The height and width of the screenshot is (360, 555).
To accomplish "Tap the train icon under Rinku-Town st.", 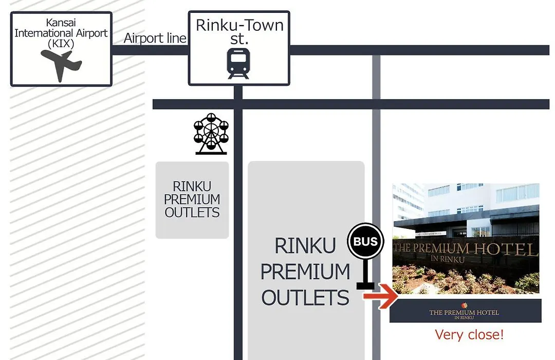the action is point(238,63).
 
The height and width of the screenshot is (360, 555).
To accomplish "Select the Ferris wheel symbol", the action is point(211,134).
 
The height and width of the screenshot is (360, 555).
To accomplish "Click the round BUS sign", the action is point(365,241).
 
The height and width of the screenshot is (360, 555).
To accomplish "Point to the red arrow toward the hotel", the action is point(381,296).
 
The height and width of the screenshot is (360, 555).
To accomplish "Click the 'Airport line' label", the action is point(155,38).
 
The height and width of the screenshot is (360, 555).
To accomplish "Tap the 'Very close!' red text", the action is point(469,334).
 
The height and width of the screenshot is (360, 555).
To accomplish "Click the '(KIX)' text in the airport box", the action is point(61,44).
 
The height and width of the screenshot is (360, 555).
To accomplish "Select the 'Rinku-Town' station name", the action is point(239,25).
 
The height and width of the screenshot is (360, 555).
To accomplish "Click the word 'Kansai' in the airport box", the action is point(61,22).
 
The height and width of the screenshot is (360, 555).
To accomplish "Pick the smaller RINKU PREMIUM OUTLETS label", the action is point(192,199).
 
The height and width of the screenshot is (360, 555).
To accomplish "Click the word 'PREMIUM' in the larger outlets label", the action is point(305,272).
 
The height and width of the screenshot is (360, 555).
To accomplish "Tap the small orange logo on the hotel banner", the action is point(464,305).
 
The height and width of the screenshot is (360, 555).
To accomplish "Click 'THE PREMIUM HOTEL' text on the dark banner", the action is point(464,313).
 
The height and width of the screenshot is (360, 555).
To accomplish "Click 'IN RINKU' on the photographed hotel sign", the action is point(448,259).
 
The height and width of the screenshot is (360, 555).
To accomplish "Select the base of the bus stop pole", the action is point(365,285).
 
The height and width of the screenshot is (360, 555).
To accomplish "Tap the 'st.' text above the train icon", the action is point(239,39).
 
